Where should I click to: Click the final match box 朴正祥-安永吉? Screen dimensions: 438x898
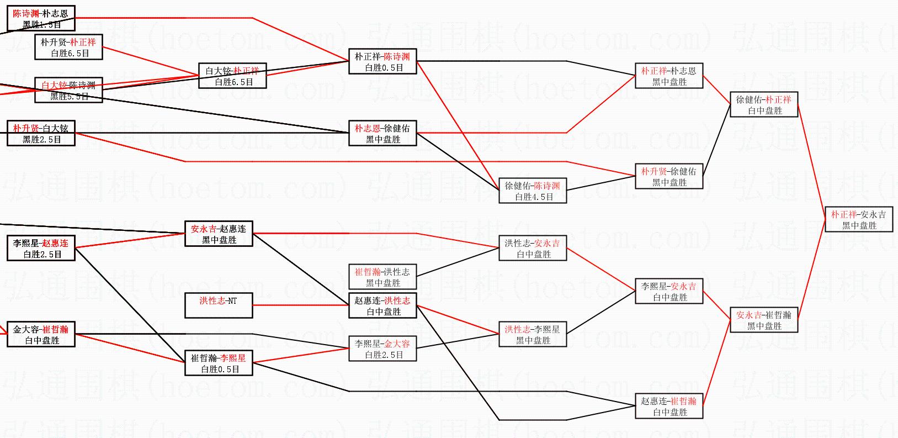click(858, 219)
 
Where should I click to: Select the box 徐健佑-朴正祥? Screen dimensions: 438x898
click(764, 104)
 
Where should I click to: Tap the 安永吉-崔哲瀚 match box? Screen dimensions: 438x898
click(764, 320)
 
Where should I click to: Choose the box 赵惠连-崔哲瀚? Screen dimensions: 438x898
click(669, 406)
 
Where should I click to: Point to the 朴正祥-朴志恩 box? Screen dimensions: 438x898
click(669, 76)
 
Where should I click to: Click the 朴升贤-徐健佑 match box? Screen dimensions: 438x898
click(669, 176)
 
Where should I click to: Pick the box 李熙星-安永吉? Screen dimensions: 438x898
click(669, 291)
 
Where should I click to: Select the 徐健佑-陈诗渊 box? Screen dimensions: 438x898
click(533, 191)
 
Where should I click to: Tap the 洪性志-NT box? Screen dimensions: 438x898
click(219, 305)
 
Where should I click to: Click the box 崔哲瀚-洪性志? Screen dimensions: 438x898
click(382, 277)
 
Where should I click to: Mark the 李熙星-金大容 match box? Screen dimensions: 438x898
click(382, 349)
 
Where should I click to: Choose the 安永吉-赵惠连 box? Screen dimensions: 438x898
click(219, 234)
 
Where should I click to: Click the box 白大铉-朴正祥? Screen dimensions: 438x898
click(232, 76)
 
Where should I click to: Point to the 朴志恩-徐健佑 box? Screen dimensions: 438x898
click(382, 133)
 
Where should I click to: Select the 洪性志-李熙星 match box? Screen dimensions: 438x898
click(533, 334)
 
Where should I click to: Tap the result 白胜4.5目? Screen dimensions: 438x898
click(534, 197)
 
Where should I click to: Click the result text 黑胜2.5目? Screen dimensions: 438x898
click(42, 139)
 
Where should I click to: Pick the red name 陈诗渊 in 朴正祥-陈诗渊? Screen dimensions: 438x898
click(397, 57)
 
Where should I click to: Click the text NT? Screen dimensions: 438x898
click(232, 301)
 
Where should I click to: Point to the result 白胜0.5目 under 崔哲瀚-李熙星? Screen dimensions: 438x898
click(220, 369)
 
